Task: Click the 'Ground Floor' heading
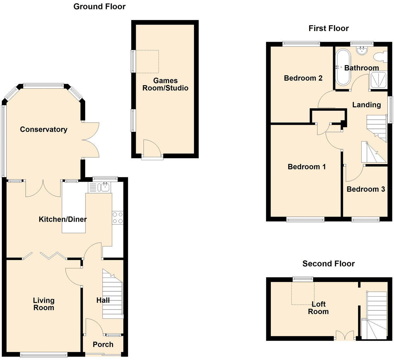point(99,6)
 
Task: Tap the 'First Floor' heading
point(328,28)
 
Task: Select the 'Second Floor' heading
point(328,264)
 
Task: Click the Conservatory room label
point(43,129)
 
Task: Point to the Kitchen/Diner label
point(63,219)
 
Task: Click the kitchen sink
point(105,187)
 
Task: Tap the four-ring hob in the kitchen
point(117,218)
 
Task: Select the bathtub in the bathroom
point(343,67)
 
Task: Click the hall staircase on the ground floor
point(113,295)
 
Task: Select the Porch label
point(103,344)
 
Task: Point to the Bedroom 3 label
point(365,189)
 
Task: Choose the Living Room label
point(43,304)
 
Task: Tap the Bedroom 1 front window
point(305,220)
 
